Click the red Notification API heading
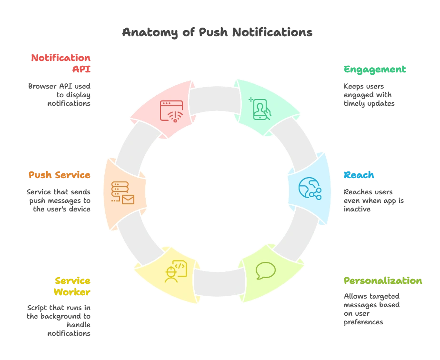[61, 63]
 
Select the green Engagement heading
[375, 70]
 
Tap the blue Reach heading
[359, 175]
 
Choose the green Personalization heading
[382, 281]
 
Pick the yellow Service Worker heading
[72, 286]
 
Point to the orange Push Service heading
[60, 175]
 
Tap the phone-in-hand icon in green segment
[260, 109]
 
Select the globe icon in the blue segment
[310, 188]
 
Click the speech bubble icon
[265, 270]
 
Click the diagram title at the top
[217, 32]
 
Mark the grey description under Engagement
[369, 95]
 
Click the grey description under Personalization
[371, 309]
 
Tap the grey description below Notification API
[59, 93]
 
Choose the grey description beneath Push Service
[59, 200]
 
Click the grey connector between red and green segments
[214, 99]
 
